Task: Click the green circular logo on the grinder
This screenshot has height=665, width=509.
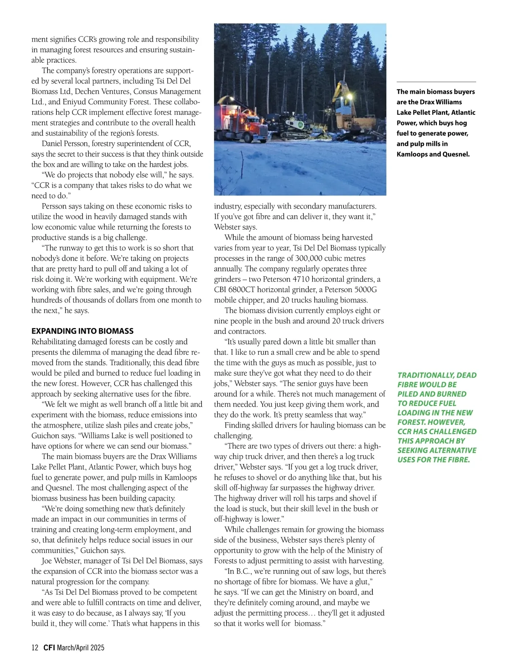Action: click(300, 125)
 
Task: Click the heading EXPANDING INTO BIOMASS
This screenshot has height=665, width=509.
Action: click(82, 331)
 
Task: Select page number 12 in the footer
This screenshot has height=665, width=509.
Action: click(35, 648)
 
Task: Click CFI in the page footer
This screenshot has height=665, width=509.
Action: click(49, 648)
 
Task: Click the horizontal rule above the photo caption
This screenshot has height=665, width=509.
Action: click(436, 82)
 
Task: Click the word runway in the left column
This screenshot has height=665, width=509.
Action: click(71, 248)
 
